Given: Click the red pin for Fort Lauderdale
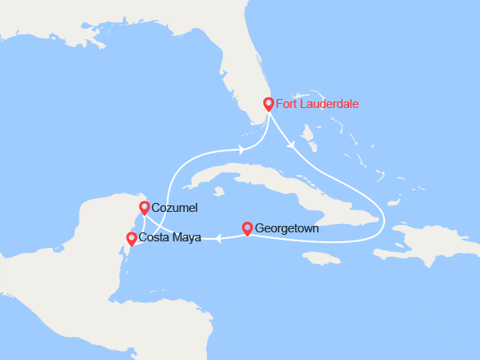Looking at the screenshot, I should tap(268, 104).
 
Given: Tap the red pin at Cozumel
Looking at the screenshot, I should tap(144, 208).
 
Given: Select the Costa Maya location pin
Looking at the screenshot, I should tap(131, 238).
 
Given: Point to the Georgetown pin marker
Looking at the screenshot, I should tap(247, 228).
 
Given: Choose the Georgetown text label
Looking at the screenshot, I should tap(287, 229).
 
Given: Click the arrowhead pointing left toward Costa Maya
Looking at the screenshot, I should tap(219, 239).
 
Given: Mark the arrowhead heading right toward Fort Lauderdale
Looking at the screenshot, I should tap(244, 149).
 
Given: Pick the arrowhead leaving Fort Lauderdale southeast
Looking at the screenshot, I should tap(292, 146).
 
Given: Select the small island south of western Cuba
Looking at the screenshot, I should tap(218, 193).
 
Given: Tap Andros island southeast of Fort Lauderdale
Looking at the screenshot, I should tap(309, 132).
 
